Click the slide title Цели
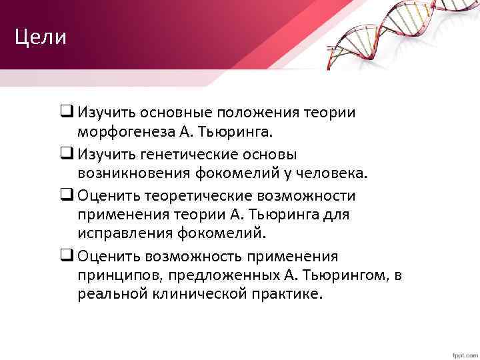[x=41, y=37]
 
